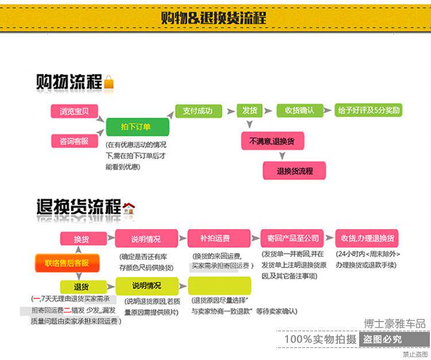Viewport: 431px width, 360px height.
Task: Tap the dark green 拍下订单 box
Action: tap(136, 127)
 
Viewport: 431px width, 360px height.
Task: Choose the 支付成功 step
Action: tap(197, 111)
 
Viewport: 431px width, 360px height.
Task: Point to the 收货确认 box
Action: tap(299, 111)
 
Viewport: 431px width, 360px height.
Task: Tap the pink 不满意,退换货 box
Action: tap(272, 140)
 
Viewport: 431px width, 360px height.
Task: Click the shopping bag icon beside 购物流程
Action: tap(109, 83)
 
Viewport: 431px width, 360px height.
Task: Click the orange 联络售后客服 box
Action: tap(67, 263)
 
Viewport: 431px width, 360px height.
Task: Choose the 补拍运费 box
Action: tap(218, 239)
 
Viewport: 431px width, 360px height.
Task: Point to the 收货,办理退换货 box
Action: tap(367, 238)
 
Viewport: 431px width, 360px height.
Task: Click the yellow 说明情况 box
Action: tap(147, 286)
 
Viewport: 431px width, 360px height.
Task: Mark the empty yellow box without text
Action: tap(220, 286)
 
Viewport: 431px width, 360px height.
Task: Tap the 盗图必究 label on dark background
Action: tap(382, 340)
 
